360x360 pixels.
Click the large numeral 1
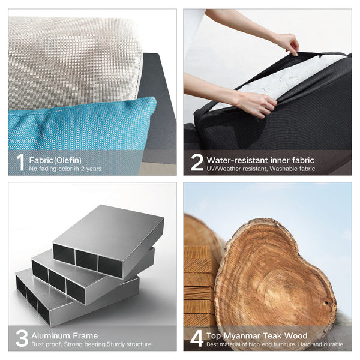point(20,162)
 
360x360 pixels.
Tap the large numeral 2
point(197,162)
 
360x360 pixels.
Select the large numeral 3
point(22,338)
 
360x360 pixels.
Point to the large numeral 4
point(197,338)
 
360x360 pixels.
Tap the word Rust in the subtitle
point(38,344)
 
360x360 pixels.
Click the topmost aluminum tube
point(109,241)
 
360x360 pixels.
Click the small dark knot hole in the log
point(326,303)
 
